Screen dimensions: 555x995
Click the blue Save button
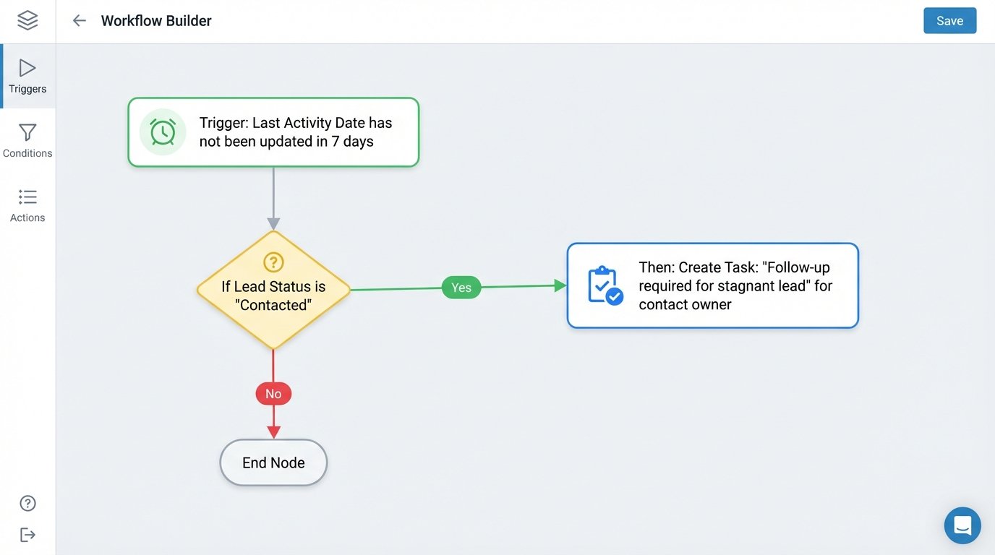[x=949, y=21]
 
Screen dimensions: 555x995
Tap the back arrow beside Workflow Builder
[x=79, y=21]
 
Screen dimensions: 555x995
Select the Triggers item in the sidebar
[x=27, y=76]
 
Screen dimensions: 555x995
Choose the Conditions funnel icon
[x=27, y=133]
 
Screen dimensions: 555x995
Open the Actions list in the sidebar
[x=27, y=205]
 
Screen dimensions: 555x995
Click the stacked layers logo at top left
[x=27, y=20]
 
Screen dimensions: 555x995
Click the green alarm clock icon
[x=163, y=132]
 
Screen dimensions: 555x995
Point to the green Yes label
[x=461, y=288]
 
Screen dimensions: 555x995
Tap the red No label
[x=273, y=394]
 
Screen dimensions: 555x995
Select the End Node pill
[x=273, y=462]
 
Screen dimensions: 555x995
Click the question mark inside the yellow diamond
[x=273, y=262]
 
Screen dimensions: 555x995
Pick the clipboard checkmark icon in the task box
[x=605, y=285]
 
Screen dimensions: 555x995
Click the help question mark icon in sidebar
[x=27, y=503]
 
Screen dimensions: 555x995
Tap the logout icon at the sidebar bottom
[x=27, y=535]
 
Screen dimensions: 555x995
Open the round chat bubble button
[x=962, y=525]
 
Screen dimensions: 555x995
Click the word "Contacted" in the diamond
[x=273, y=305]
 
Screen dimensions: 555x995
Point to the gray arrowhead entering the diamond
[x=273, y=224]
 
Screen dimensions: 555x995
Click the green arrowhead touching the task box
[x=560, y=285]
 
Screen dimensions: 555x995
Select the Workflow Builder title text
[x=156, y=21]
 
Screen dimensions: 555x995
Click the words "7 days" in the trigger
[x=353, y=142]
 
